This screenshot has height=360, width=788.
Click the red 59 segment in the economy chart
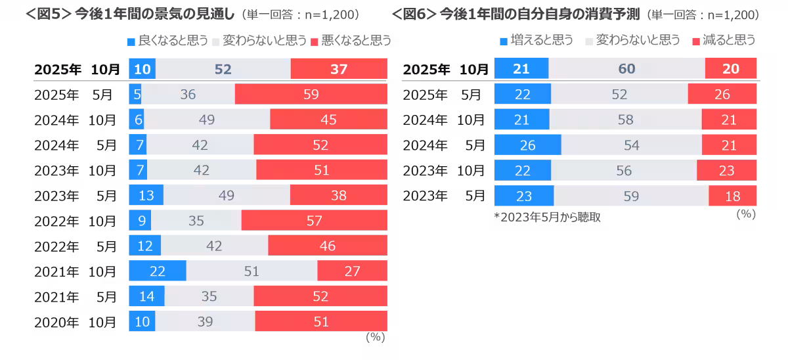[x=311, y=95]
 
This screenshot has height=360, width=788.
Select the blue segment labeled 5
[x=135, y=95]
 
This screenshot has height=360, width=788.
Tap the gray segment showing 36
[x=188, y=95]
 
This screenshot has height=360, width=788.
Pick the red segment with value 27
[x=352, y=271]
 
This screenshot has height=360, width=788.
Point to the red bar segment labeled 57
[x=314, y=221]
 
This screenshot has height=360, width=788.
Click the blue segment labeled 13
[x=146, y=195]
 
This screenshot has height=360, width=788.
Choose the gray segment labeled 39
[x=205, y=321]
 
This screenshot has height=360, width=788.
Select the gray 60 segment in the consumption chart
[x=626, y=69]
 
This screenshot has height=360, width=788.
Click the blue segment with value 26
[x=527, y=145]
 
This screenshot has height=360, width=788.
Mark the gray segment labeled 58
[x=625, y=120]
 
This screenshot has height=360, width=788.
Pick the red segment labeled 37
[x=339, y=69]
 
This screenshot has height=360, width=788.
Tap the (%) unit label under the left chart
[x=374, y=338]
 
